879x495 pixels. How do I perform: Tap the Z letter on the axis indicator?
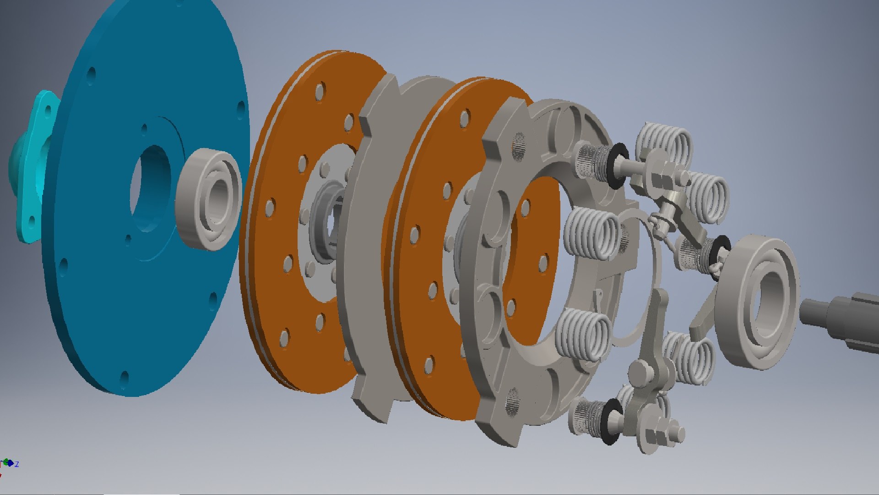(17, 464)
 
